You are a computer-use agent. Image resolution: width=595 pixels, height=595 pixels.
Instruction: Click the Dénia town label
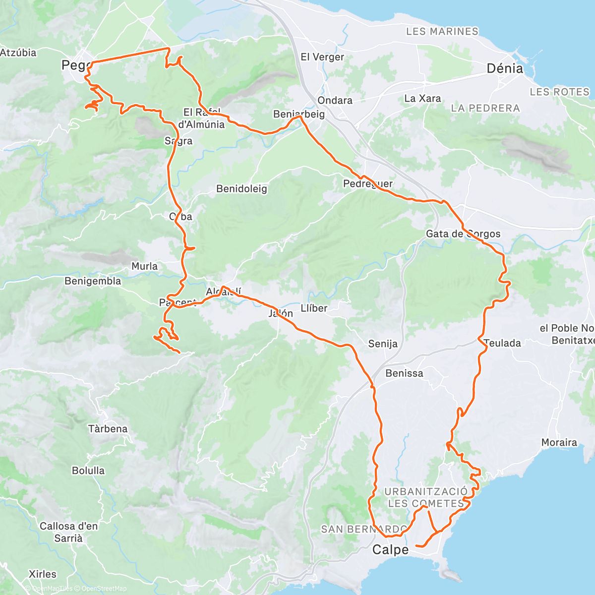pyautogui.click(x=505, y=68)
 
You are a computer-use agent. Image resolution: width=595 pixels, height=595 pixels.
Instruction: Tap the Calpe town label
pyautogui.click(x=390, y=549)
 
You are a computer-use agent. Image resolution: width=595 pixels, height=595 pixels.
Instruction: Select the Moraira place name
pyautogui.click(x=559, y=442)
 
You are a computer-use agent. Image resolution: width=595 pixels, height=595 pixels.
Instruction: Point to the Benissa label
pyautogui.click(x=404, y=373)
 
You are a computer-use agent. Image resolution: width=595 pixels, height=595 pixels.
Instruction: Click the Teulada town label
pyautogui.click(x=502, y=343)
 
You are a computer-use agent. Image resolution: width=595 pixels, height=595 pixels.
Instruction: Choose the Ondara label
pyautogui.click(x=335, y=100)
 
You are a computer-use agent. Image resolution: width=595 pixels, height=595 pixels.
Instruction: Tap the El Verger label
pyautogui.click(x=322, y=57)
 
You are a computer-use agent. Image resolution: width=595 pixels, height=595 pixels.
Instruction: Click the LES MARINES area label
pyautogui.click(x=442, y=31)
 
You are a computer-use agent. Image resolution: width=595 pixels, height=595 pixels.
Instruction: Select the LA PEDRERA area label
pyautogui.click(x=485, y=108)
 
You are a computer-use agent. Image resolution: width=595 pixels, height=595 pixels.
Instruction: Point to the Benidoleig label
pyautogui.click(x=241, y=189)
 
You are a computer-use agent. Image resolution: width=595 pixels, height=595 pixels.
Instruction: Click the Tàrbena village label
pyautogui.click(x=108, y=429)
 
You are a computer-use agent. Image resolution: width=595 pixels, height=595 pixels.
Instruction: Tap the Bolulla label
pyautogui.click(x=88, y=471)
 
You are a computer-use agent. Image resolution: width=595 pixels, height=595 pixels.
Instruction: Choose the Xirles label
pyautogui.click(x=43, y=574)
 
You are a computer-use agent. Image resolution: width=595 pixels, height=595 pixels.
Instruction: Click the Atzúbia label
pyautogui.click(x=18, y=52)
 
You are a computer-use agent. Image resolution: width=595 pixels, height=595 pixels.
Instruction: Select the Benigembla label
pyautogui.click(x=93, y=281)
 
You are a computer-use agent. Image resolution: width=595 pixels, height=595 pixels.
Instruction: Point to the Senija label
pyautogui.click(x=383, y=344)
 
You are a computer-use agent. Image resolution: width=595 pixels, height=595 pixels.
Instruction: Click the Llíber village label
pyautogui.click(x=314, y=308)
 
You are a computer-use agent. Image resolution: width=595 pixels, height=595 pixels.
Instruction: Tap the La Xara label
pyautogui.click(x=422, y=99)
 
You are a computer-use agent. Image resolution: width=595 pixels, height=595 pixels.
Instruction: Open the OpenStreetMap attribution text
pyautogui.click(x=104, y=589)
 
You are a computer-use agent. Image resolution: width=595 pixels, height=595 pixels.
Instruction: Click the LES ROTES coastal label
pyautogui.click(x=559, y=92)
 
